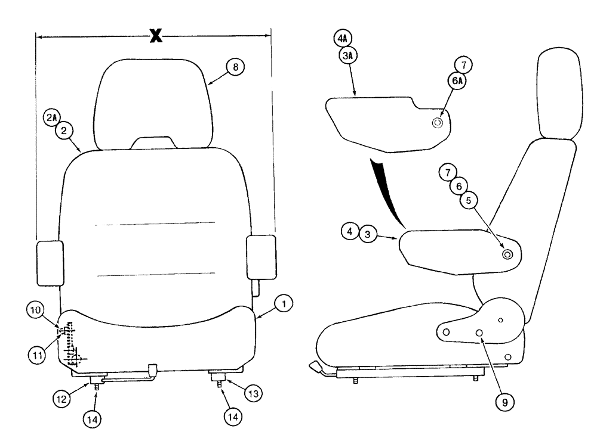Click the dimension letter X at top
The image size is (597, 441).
(x=155, y=37)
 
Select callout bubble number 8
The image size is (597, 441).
(x=235, y=68)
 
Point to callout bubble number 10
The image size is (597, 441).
(x=35, y=309)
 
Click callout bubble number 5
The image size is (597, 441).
(x=469, y=201)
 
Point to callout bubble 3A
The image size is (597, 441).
(x=347, y=55)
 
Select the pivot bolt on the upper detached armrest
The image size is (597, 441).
(x=437, y=123)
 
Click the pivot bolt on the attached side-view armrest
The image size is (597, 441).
(x=507, y=254)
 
